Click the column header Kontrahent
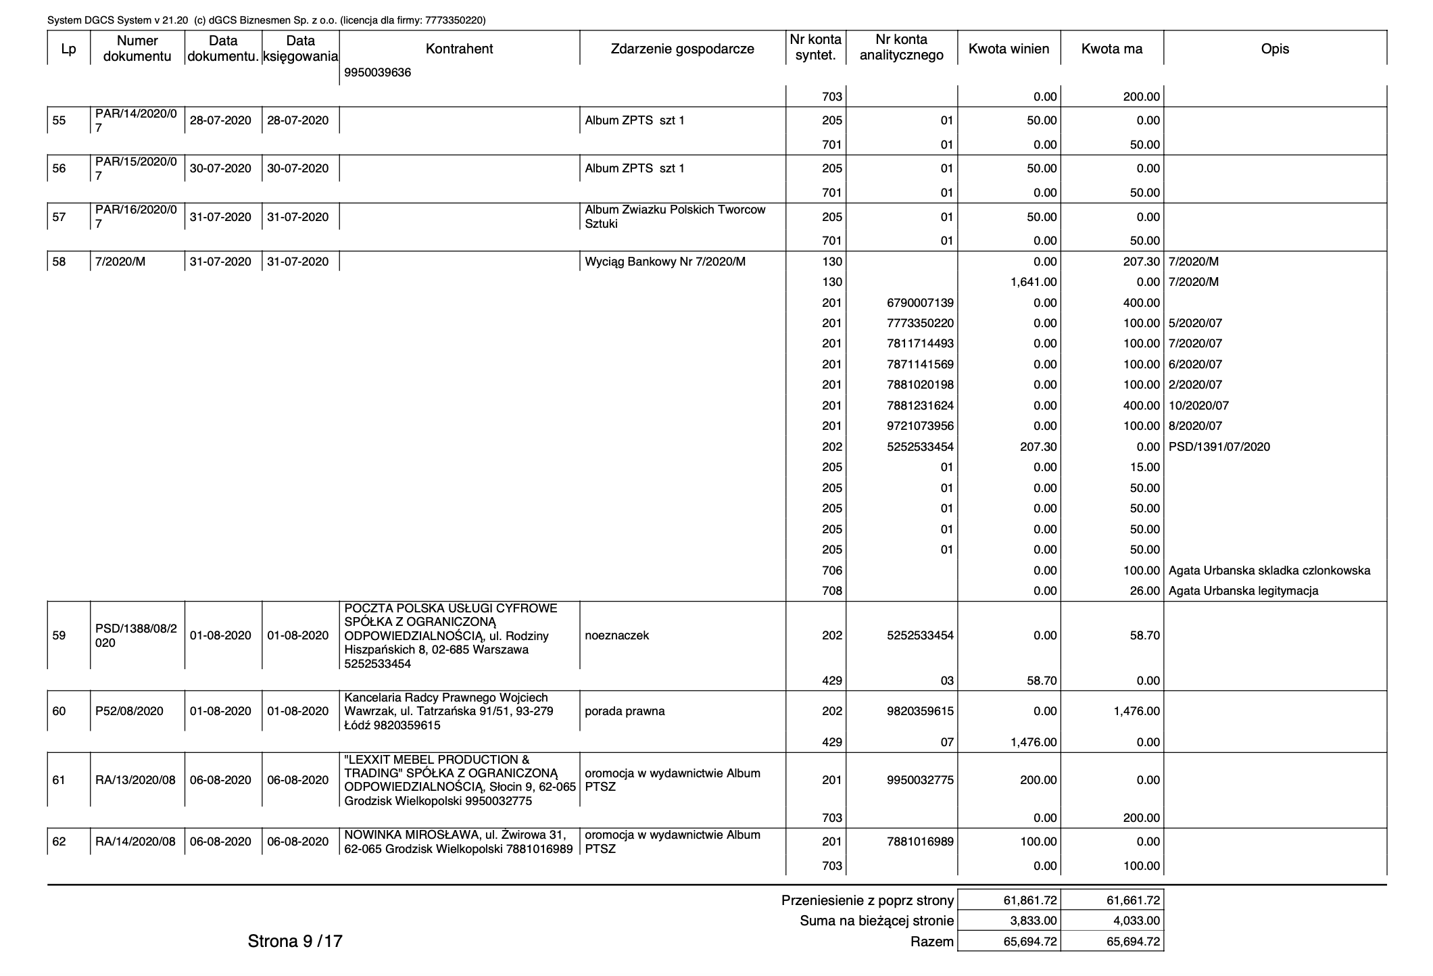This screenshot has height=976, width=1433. coord(459,49)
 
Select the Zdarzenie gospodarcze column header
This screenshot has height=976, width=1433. coord(682,49)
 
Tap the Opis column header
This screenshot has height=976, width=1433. coord(1275,49)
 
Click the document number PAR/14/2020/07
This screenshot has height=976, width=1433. coord(136,120)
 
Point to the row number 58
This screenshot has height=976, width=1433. coord(59,262)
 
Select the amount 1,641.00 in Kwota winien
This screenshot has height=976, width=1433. coord(1034,282)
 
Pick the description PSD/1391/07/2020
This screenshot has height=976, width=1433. coord(1219,447)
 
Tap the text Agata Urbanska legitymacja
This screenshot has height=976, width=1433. coord(1243,591)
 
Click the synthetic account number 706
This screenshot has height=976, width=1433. coord(832,570)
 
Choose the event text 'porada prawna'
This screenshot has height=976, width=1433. coord(625,711)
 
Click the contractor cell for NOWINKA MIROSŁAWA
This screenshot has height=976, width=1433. coord(458,841)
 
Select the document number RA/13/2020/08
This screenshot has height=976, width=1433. coord(135,780)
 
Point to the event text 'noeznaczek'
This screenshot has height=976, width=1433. coord(616,635)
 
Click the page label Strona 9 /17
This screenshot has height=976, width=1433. coord(295,941)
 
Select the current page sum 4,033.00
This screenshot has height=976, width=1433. coord(1134,921)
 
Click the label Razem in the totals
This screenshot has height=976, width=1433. coord(932,942)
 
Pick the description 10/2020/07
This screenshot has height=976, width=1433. coord(1198,406)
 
